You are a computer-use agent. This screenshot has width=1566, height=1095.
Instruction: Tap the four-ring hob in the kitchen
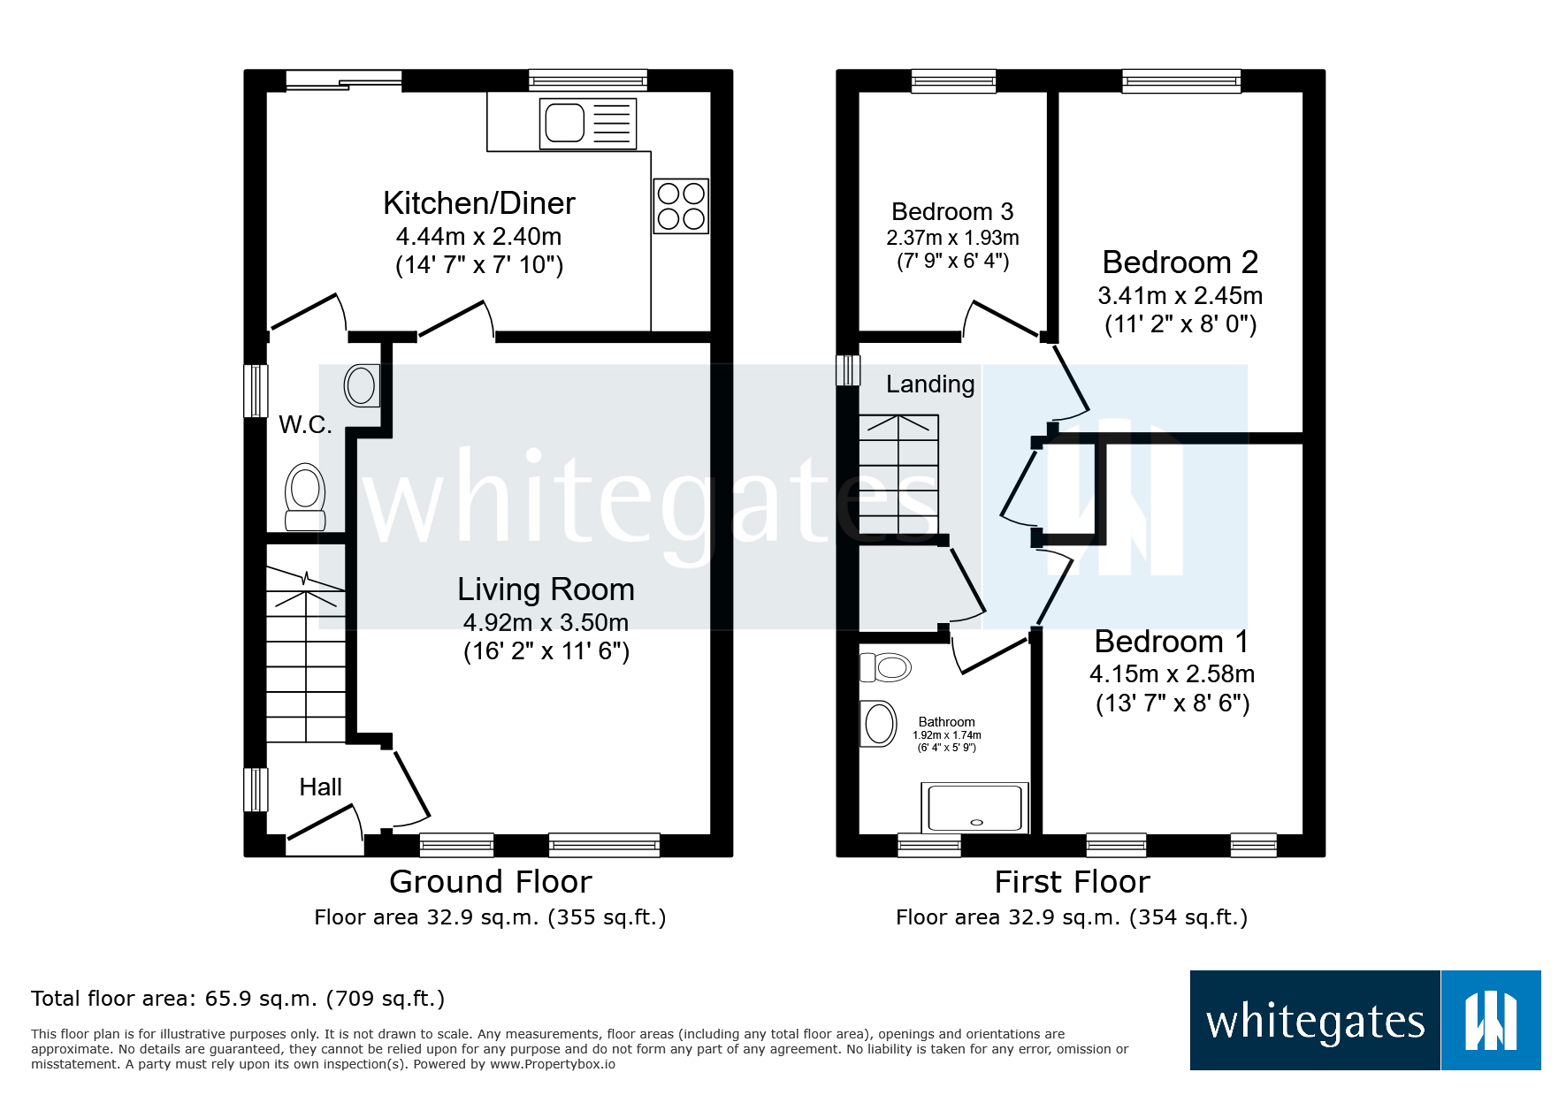tap(681, 206)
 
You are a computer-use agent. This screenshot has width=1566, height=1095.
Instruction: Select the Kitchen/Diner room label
tap(478, 203)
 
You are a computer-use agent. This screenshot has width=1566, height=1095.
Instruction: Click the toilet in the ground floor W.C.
tap(305, 496)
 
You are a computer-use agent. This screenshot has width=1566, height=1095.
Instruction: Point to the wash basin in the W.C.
tap(361, 385)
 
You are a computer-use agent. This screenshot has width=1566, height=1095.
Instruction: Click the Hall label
tap(320, 787)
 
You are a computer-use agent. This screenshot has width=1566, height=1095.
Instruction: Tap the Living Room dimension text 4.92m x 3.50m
tap(546, 622)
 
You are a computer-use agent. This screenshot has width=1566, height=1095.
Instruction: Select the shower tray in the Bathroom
tap(974, 807)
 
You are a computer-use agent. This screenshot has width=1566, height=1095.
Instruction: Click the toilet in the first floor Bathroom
tap(886, 667)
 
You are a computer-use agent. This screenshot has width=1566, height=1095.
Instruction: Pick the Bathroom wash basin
tap(878, 724)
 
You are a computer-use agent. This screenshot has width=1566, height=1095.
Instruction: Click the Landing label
tap(929, 384)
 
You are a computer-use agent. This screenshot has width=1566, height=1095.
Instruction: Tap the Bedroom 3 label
tap(951, 212)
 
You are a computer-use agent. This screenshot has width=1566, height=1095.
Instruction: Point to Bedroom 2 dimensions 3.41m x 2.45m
tap(1180, 295)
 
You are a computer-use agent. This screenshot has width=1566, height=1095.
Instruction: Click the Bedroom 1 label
tap(1171, 641)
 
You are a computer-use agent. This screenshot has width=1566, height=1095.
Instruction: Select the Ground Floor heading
tap(490, 882)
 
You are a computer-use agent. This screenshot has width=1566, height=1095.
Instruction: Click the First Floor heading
tap(1071, 882)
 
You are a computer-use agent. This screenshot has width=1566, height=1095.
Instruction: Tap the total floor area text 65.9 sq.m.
tap(237, 999)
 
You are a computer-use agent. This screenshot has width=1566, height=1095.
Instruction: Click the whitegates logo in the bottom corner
tap(1364, 1020)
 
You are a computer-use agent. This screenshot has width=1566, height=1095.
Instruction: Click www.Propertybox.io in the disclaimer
tap(552, 1064)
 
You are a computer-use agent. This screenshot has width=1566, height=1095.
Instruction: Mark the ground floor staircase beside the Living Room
tap(306, 654)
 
